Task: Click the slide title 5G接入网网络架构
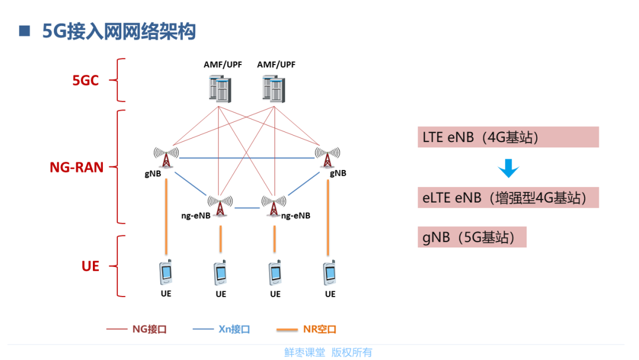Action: [x=119, y=31]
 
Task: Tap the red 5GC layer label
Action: [x=86, y=81]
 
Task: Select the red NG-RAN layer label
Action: [x=76, y=167]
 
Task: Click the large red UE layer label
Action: [x=91, y=266]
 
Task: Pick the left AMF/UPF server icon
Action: [x=220, y=88]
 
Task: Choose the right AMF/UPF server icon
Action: [x=274, y=88]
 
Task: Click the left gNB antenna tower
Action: [x=166, y=157]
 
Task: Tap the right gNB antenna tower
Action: [x=327, y=157]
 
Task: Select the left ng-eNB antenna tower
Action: [x=220, y=205]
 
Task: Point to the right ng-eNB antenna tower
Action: [x=274, y=205]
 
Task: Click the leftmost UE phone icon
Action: [x=166, y=272]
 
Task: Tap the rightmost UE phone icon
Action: [x=330, y=272]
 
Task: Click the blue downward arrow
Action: [x=508, y=168]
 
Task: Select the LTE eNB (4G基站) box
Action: [x=508, y=137]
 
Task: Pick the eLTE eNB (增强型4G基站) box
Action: [x=508, y=197]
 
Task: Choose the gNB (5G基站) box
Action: [x=472, y=237]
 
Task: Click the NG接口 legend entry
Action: [x=137, y=329]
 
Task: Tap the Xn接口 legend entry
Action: [x=221, y=329]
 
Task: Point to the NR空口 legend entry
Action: [x=306, y=329]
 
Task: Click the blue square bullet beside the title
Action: [x=24, y=31]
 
